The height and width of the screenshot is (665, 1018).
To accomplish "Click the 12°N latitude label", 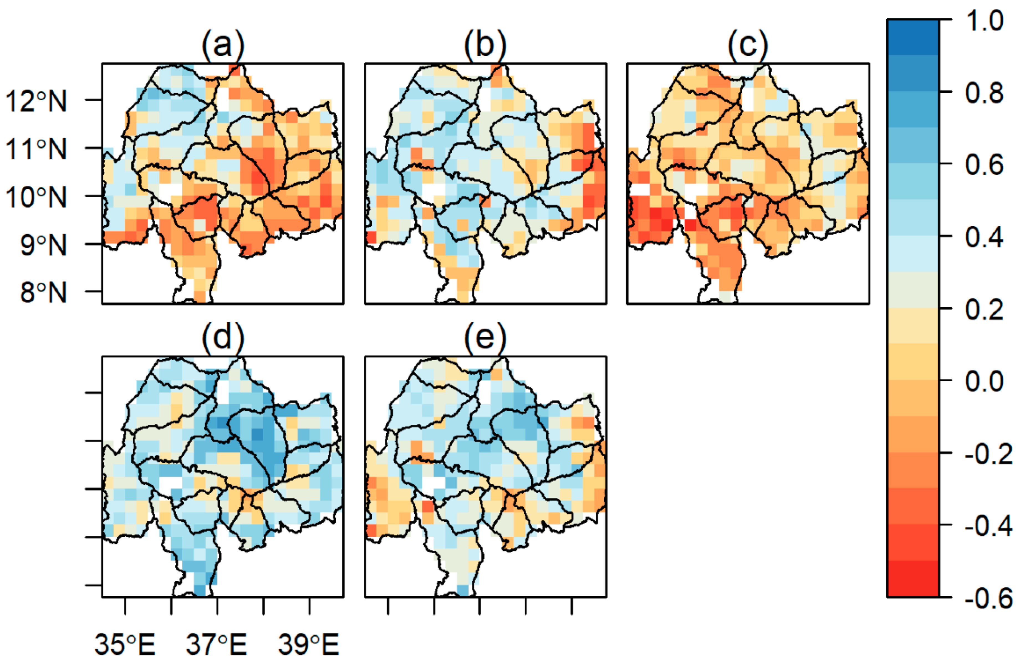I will coord(36,101).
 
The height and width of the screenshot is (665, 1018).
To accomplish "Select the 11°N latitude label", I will coord(36,149).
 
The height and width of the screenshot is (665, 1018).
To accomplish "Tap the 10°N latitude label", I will coord(36,197).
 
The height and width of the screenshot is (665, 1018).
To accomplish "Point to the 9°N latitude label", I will coord(43,245).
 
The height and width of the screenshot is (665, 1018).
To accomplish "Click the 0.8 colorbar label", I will coord(984,93).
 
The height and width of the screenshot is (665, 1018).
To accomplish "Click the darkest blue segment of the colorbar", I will coord(913,37).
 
